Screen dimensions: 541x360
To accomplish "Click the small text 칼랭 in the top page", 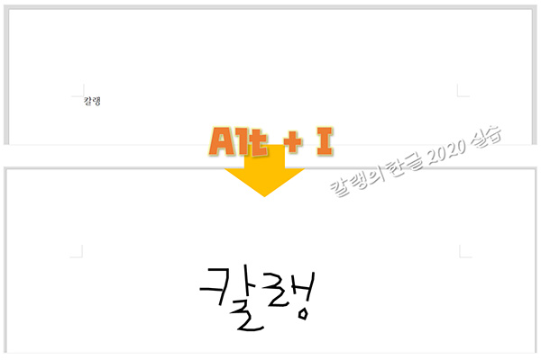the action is tap(91, 101).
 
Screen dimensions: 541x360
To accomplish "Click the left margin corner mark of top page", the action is tap(78, 90).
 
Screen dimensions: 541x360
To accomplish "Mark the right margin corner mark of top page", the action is tap(462, 90).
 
